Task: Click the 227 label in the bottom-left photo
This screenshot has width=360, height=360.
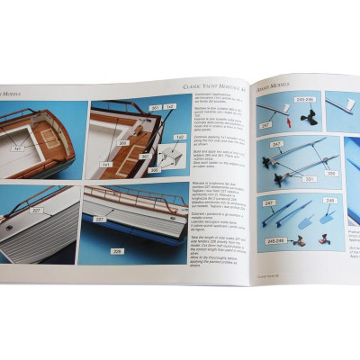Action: [x=37, y=211]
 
